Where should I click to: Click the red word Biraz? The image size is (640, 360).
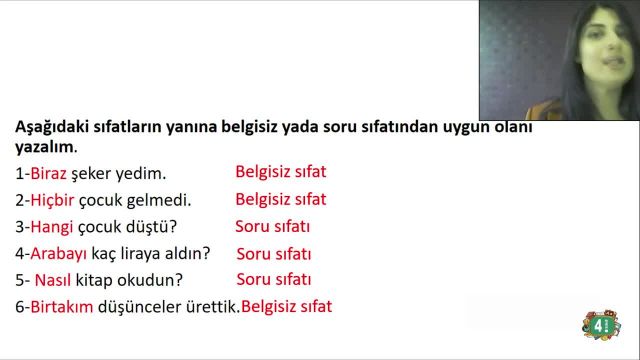point(47,173)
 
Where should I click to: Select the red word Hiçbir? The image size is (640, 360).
point(49,200)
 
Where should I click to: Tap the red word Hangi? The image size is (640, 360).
point(47,227)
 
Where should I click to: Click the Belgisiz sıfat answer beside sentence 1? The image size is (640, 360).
point(281,172)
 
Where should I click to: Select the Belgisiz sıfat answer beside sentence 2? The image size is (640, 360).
point(281,199)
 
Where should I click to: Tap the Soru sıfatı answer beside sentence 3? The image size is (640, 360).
point(273,226)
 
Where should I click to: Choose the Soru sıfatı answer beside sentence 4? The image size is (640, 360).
point(274,254)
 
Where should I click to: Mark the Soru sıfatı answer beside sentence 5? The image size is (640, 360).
point(274,280)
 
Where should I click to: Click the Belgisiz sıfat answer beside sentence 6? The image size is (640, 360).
point(287,307)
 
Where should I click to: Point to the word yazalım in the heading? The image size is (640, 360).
point(43,147)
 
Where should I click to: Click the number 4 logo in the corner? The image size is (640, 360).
point(600,325)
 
